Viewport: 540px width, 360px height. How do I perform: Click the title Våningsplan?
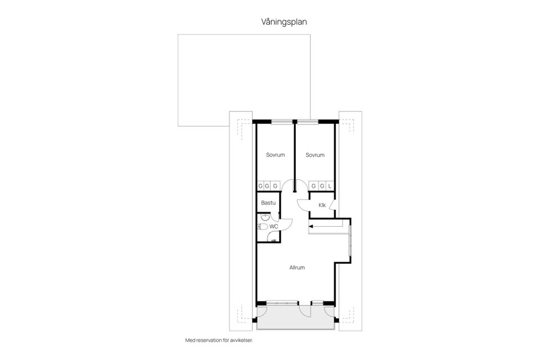[284, 22]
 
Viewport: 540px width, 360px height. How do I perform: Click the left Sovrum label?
[276, 155]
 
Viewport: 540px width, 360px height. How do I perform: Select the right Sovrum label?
[315, 155]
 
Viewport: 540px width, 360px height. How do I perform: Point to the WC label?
[274, 226]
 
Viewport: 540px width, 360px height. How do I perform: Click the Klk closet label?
[322, 205]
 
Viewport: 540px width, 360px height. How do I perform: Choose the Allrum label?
[297, 268]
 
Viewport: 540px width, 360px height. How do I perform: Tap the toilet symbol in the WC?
[262, 227]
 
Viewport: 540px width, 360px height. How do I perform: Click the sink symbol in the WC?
[264, 217]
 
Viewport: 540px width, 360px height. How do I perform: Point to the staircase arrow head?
[311, 227]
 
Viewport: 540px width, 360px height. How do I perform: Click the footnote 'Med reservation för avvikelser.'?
[223, 340]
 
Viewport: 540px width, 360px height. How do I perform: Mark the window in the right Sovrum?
[307, 121]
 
